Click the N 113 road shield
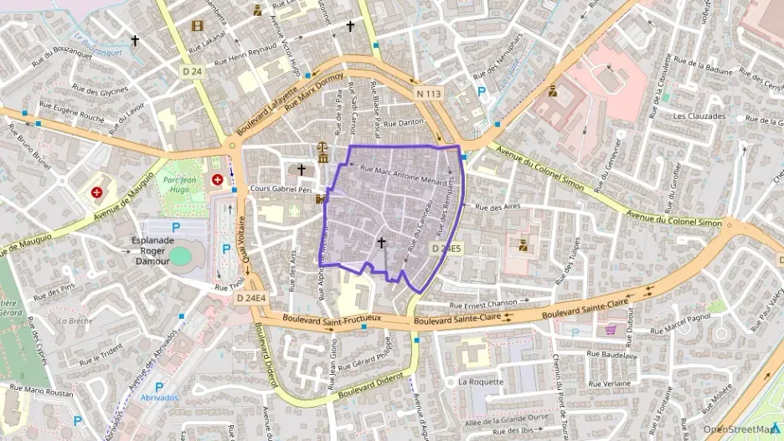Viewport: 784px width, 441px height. pyautogui.click(x=428, y=94)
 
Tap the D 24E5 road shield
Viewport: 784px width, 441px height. pyautogui.click(x=446, y=249)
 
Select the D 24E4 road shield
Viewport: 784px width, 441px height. pyautogui.click(x=250, y=297)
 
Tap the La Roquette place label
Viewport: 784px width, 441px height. pyautogui.click(x=481, y=382)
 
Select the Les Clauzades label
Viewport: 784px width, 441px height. pyautogui.click(x=699, y=116)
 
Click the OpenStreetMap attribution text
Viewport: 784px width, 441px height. pyautogui.click(x=740, y=429)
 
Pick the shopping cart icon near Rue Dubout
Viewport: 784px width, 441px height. pyautogui.click(x=610, y=329)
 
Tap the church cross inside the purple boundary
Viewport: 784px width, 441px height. pyautogui.click(x=382, y=243)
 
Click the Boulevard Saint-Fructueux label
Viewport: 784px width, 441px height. pyautogui.click(x=333, y=318)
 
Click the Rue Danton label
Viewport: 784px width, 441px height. pyautogui.click(x=410, y=123)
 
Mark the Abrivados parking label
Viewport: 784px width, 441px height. pyautogui.click(x=158, y=397)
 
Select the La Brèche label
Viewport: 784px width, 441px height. pyautogui.click(x=75, y=320)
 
